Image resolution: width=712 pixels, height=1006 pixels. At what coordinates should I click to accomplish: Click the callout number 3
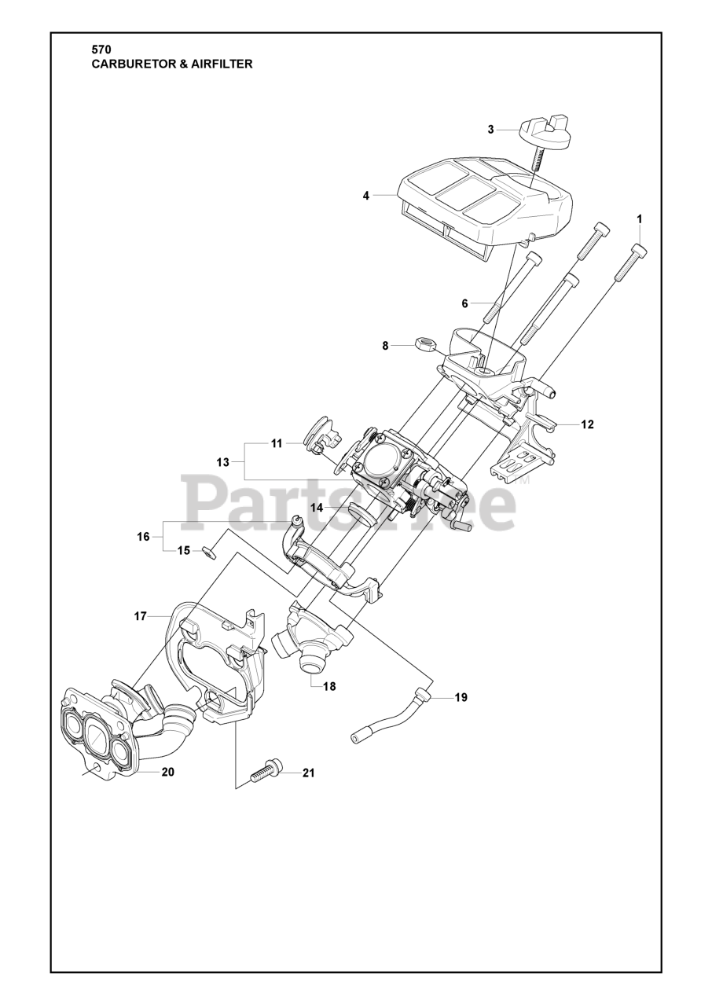490,130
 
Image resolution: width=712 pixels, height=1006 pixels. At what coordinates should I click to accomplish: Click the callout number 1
640,218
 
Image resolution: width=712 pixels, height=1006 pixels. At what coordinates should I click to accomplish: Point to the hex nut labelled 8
425,343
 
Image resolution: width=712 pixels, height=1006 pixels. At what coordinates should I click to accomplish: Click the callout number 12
587,424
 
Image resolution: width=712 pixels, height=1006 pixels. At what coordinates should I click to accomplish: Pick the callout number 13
223,462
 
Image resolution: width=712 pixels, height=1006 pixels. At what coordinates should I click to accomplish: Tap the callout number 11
277,443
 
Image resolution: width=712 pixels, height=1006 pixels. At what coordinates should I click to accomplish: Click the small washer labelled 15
208,551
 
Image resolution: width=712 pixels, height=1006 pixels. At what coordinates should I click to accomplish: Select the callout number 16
143,537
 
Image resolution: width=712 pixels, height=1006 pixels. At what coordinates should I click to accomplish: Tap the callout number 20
167,772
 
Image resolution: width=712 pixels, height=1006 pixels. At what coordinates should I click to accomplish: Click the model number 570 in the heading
101,50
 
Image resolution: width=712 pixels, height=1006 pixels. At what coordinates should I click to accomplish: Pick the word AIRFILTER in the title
221,64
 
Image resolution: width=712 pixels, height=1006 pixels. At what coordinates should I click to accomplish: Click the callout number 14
316,508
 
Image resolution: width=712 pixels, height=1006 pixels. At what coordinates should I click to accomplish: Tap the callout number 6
464,303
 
